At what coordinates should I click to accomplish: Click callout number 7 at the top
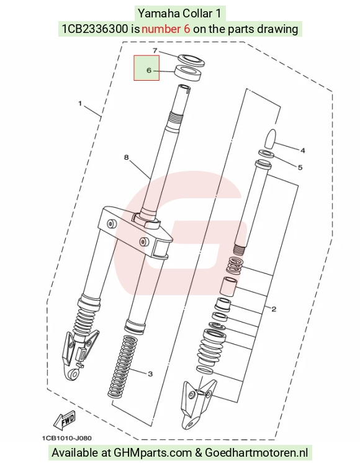tap(155, 50)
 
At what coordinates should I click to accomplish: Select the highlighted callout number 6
tap(149, 70)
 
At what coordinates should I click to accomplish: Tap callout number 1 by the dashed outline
tap(80, 103)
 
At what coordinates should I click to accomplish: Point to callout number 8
tap(127, 157)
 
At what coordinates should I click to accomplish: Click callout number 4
tap(302, 150)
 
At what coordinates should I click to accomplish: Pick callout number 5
tap(300, 167)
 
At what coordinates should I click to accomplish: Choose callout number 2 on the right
tap(274, 309)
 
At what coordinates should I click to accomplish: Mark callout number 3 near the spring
tap(150, 373)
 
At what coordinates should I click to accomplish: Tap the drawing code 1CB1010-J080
tap(67, 438)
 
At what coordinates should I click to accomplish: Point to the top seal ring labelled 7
tap(192, 60)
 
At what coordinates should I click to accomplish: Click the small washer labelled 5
tap(266, 154)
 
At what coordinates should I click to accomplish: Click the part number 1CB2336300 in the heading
tap(95, 29)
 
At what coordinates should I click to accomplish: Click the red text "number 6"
tap(166, 29)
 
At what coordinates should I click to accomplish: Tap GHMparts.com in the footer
tap(153, 453)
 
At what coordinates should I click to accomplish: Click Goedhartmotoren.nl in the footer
tap(256, 452)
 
